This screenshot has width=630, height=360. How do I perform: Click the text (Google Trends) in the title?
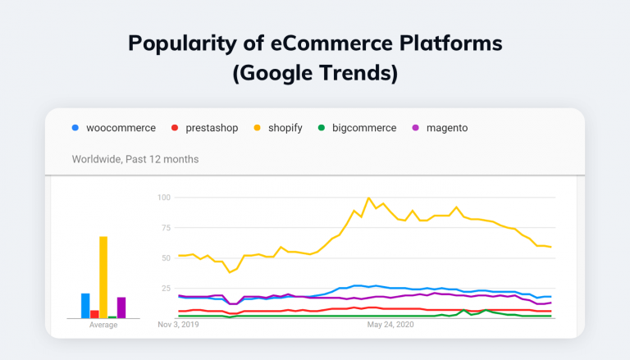[315, 74]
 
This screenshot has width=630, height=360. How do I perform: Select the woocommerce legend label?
[121, 128]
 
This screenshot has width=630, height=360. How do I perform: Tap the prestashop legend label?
[210, 128]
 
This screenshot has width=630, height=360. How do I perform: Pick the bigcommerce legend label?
[364, 128]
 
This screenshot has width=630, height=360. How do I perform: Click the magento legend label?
[447, 128]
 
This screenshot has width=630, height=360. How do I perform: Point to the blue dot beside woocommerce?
[75, 128]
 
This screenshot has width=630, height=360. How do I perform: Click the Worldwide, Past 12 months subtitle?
[135, 158]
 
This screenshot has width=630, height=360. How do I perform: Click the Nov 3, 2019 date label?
[178, 324]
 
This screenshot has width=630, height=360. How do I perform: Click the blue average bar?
[85, 305]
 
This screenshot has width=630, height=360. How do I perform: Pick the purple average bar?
[121, 308]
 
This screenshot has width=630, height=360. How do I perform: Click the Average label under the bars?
[103, 325]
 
